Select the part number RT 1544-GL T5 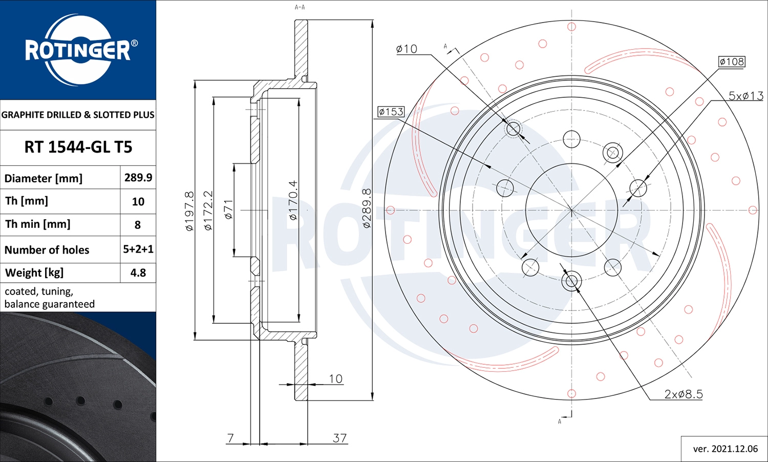pos(78,147)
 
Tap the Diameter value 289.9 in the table pos(138,177)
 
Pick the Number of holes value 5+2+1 pos(138,249)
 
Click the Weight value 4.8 pos(138,272)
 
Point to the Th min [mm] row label pos(38,224)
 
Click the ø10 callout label pos(407,49)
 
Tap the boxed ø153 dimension pos(391,112)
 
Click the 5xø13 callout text pos(746,96)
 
